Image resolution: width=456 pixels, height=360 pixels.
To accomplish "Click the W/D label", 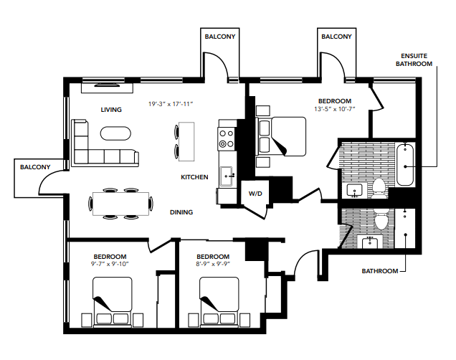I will click(x=255, y=194).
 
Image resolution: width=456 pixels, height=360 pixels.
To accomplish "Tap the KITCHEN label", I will click(x=194, y=176).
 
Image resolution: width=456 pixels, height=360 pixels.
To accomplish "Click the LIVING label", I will click(x=110, y=110).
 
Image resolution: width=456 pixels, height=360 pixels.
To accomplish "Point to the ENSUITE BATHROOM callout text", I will click(x=417, y=60).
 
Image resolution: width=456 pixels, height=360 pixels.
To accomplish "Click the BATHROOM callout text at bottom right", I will click(x=379, y=271).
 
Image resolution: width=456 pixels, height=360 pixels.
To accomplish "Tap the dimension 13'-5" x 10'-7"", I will click(x=335, y=110).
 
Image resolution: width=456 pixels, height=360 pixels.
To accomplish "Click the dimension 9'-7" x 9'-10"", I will click(x=110, y=264).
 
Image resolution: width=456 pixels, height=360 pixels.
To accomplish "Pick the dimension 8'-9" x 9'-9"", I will click(x=213, y=264).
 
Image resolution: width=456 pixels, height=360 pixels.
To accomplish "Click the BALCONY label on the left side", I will click(x=35, y=166).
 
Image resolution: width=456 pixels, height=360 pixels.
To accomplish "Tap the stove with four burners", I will click(x=227, y=138).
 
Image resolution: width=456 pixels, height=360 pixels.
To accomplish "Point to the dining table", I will click(x=121, y=203).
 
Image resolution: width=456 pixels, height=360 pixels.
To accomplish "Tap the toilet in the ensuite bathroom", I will click(x=379, y=188).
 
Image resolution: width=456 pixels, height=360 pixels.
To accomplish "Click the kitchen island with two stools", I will click(x=188, y=141).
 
